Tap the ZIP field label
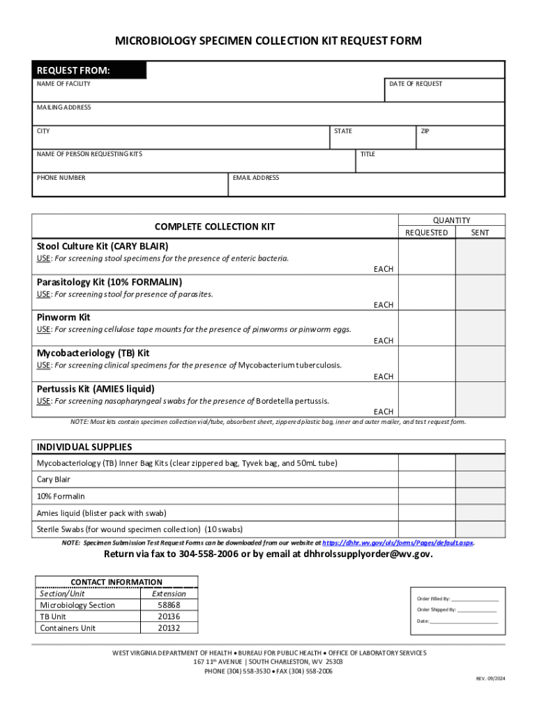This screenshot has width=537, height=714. (x=424, y=131)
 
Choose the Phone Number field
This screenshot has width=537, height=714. (x=130, y=185)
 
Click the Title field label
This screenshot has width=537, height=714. (x=368, y=154)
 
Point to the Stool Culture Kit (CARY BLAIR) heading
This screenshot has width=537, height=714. (x=103, y=246)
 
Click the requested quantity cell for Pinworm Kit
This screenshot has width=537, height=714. (x=426, y=330)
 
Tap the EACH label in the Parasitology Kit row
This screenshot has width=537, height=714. (x=384, y=305)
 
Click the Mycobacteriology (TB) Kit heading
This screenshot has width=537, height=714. (x=93, y=353)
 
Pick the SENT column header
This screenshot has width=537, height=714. (x=480, y=232)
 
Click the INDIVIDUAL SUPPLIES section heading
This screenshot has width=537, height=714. (x=84, y=447)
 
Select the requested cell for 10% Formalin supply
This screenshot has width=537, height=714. (x=426, y=496)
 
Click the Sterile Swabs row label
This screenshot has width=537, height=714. (x=139, y=529)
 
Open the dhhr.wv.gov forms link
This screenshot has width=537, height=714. (x=398, y=542)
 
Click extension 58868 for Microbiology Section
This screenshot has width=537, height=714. (x=169, y=605)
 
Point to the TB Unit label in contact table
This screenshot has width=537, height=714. (x=53, y=616)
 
